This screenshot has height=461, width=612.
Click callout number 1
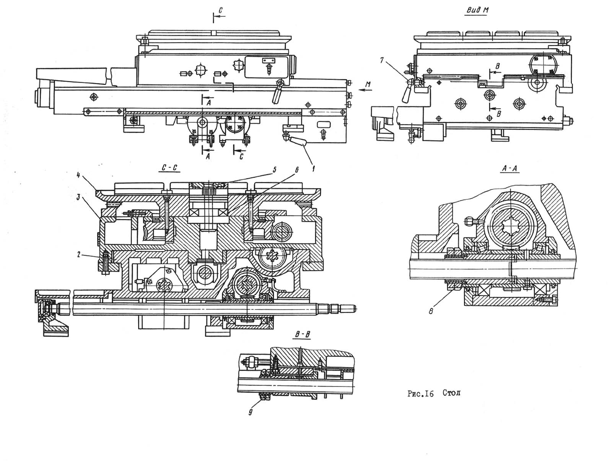point(313,168)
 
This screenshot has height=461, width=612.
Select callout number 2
point(79,254)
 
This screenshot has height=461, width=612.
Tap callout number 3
point(78,197)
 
